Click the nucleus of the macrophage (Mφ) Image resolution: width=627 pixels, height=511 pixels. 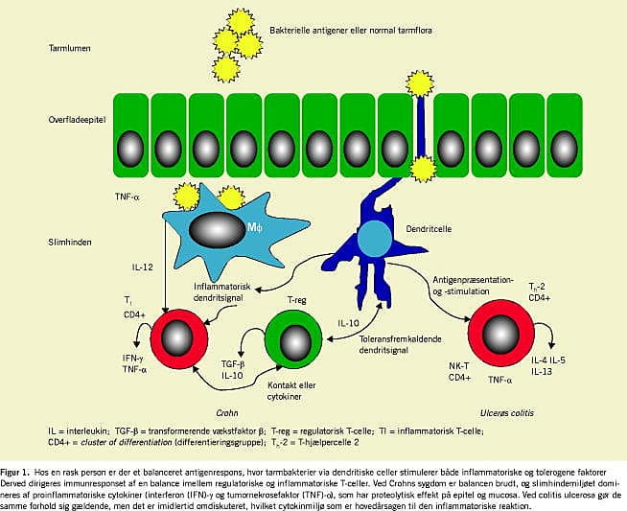click(x=215, y=231)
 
